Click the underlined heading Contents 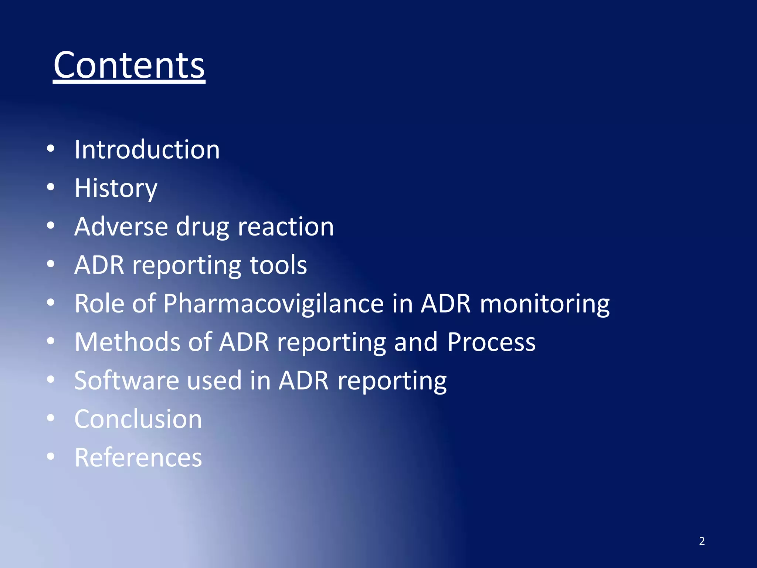point(129,65)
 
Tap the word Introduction point(147,150)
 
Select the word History point(116,188)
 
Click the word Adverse point(121,226)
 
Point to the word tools point(278,265)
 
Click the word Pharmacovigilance point(274,304)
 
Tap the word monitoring point(544,304)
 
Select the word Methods point(127,342)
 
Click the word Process point(491,342)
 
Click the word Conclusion point(138,419)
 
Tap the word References point(138,457)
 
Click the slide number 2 point(702,541)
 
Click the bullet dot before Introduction point(51,149)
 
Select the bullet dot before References point(51,457)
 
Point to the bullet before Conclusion point(51,418)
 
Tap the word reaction point(285,226)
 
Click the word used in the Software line point(214,381)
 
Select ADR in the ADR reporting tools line point(99,265)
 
